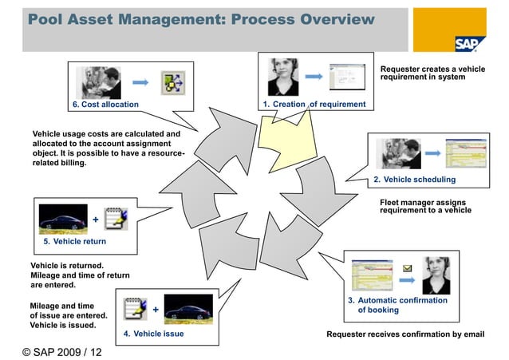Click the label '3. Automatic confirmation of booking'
coord(397,305)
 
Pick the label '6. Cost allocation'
coord(105,105)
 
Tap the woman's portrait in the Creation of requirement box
coord(282,77)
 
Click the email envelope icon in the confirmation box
coord(407,268)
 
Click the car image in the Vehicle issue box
coord(188,310)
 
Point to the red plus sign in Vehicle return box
coord(96,220)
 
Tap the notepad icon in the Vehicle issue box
coord(134,308)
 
